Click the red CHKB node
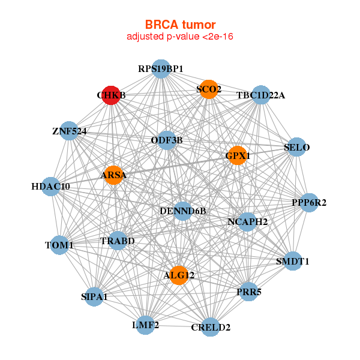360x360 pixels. (110, 95)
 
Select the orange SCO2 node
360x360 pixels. (208, 89)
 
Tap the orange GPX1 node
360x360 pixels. (237, 155)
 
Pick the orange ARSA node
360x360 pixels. (113, 175)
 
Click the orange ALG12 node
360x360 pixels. (178, 275)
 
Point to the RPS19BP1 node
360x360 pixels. (160, 69)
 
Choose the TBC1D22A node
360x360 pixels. (260, 95)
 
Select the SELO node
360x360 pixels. (296, 147)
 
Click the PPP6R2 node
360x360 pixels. (309, 203)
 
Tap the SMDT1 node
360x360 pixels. (293, 261)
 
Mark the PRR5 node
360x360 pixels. (249, 292)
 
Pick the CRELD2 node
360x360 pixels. (210, 327)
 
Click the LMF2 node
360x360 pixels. (145, 325)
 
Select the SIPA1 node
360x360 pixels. (94, 296)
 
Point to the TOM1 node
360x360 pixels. (59, 245)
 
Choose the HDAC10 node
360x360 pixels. (52, 187)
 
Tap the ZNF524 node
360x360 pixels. (70, 131)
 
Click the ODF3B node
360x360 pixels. (167, 140)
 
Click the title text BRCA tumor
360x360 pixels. (180, 25)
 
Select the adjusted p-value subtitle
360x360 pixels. (180, 37)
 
